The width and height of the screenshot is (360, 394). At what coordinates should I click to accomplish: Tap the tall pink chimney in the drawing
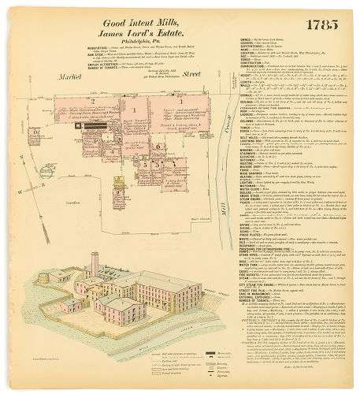tap(95, 265)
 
